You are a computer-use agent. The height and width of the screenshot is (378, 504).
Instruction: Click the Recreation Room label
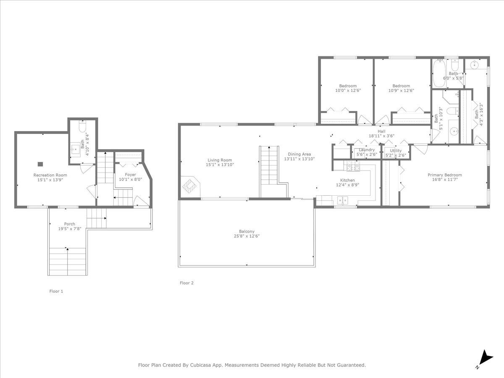[x=50, y=175]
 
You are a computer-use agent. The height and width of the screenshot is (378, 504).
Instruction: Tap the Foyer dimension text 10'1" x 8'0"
[x=131, y=179]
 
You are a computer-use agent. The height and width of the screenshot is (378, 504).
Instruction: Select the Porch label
[x=70, y=224]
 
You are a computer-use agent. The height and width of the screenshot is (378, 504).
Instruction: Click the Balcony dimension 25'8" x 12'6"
[x=247, y=236]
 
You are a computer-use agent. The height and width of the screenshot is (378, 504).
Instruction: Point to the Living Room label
[x=220, y=160]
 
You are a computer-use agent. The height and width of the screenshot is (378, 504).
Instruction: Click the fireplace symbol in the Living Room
[x=189, y=186]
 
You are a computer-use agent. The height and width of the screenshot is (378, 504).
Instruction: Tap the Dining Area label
[x=299, y=154]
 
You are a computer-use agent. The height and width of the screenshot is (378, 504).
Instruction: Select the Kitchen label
[x=347, y=181]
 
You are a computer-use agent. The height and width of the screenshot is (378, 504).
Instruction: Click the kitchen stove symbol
[x=353, y=166]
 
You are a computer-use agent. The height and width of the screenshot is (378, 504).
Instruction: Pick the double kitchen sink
[x=343, y=200]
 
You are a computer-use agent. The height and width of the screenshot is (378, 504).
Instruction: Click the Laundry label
[x=367, y=150]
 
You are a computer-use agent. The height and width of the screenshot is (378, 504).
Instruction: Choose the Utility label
[x=396, y=150]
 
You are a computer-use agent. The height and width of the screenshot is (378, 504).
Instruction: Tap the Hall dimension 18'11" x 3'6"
[x=382, y=136]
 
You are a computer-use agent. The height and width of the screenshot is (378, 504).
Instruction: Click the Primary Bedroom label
[x=445, y=175]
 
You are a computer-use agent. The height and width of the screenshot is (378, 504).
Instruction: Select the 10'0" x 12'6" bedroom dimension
[x=348, y=90]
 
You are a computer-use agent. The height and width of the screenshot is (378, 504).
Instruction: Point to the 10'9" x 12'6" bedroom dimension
[x=401, y=90]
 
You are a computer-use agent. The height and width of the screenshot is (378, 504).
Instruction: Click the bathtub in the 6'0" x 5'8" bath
[x=439, y=73]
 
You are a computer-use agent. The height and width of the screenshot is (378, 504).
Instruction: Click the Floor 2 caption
[x=186, y=283]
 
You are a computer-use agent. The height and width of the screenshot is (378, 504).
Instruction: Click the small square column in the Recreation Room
[x=40, y=164]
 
